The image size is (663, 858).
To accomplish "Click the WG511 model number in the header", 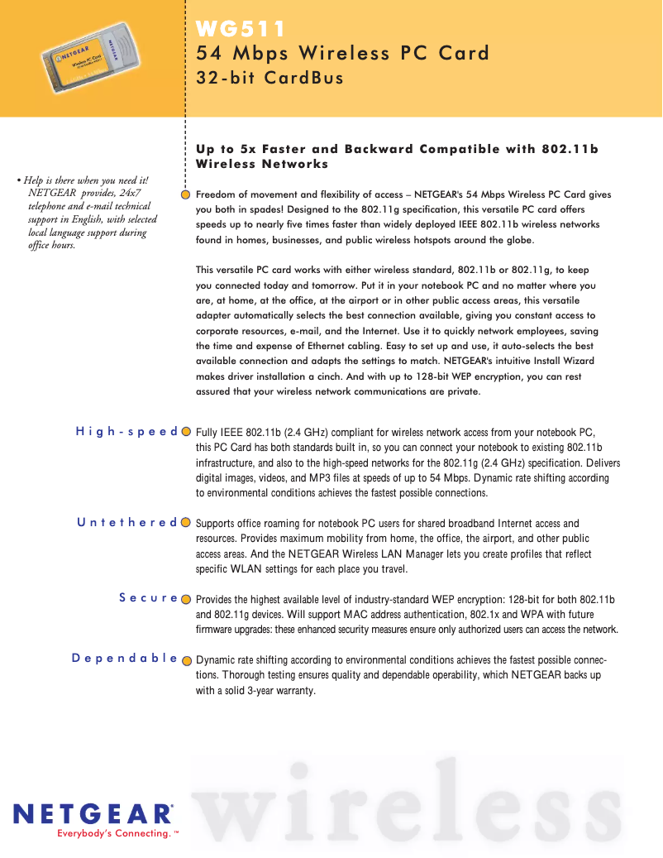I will (241, 30).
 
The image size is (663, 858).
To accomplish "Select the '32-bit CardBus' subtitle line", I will (269, 79).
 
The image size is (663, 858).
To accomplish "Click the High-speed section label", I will (126, 431).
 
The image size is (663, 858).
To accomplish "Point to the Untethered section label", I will (127, 522).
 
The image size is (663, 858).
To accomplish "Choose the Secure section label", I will (149, 597).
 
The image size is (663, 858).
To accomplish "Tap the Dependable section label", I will (125, 659).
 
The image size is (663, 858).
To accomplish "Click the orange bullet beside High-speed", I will (187, 432).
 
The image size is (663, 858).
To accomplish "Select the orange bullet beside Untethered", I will (187, 523).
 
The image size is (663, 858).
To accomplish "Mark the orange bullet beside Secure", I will (187, 598).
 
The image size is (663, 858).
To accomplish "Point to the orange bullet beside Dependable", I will (187, 660).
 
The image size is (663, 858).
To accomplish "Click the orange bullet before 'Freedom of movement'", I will (187, 194).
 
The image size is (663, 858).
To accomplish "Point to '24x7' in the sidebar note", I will (131, 194).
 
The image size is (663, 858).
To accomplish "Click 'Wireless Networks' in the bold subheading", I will (262, 164).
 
